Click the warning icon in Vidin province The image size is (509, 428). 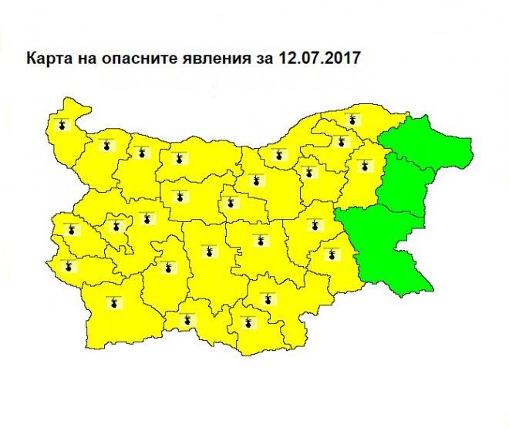pyautogui.click(x=64, y=124)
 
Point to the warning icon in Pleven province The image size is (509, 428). pyautogui.click(x=178, y=160)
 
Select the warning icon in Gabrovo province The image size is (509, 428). pyautogui.click(x=231, y=204)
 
